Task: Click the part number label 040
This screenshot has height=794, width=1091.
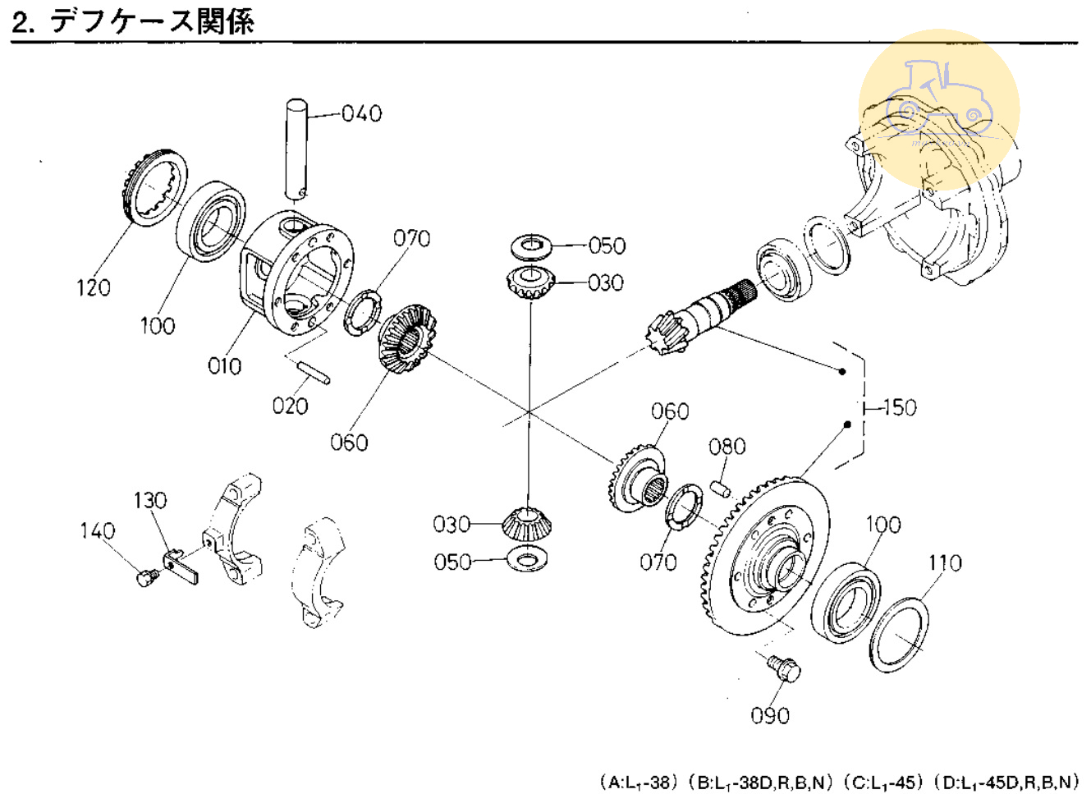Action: [x=361, y=113]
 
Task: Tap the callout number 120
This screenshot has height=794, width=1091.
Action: [x=93, y=287]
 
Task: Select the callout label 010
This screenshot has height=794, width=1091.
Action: [x=224, y=366]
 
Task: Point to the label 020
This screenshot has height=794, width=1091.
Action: [x=290, y=406]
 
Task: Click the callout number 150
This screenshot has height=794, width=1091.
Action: [x=899, y=407]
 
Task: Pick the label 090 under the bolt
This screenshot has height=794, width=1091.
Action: [x=770, y=716]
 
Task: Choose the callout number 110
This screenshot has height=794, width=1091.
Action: [x=944, y=563]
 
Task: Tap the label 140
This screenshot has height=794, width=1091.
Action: [x=97, y=531]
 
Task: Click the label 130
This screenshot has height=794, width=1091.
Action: [x=149, y=500]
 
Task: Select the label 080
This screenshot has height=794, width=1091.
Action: [x=727, y=447]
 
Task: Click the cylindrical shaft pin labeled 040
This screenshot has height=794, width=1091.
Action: [x=296, y=148]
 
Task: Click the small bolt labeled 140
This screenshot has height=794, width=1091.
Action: [x=146, y=579]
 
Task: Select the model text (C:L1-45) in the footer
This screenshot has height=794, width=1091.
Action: [x=882, y=782]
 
